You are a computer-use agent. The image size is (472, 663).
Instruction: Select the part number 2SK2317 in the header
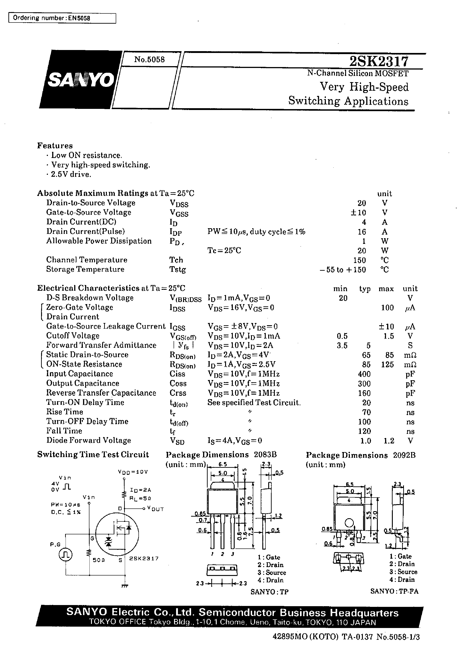379,61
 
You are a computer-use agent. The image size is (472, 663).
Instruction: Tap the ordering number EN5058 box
62,18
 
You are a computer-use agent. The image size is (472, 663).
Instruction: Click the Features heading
55,145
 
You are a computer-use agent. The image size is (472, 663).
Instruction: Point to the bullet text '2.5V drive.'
71,174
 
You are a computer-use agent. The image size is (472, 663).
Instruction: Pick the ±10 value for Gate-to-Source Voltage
358,213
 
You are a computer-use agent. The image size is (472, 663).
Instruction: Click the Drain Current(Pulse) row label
86,231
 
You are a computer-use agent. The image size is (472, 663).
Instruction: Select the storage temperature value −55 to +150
343,270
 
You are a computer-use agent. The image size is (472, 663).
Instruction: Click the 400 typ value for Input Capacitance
364,374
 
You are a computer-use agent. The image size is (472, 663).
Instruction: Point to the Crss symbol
178,393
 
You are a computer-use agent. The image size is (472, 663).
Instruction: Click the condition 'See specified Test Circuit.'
254,403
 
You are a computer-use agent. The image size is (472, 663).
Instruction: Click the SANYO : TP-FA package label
394,591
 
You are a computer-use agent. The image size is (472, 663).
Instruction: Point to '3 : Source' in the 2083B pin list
272,573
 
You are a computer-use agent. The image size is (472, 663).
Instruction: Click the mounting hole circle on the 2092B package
349,523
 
